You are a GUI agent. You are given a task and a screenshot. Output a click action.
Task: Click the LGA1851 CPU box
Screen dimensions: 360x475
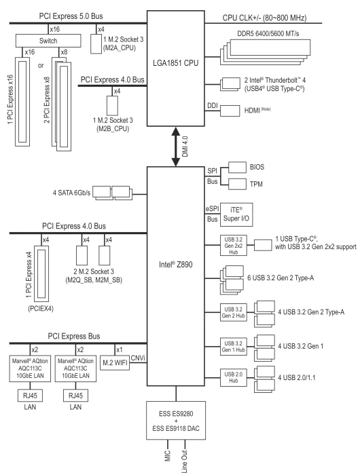pyautogui.click(x=176, y=69)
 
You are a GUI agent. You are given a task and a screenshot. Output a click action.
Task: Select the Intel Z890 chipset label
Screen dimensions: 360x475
pyautogui.click(x=176, y=265)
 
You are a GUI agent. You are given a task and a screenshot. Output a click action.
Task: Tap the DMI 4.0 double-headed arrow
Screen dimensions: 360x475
pyautogui.click(x=176, y=147)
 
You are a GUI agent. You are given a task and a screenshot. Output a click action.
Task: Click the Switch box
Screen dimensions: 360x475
pyautogui.click(x=48, y=41)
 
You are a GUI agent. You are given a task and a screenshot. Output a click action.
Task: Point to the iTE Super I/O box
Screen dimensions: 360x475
pyautogui.click(x=236, y=214)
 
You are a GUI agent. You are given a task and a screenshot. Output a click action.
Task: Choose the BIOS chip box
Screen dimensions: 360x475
pyautogui.click(x=237, y=167)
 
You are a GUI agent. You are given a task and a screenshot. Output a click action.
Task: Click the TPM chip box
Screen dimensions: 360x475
pyautogui.click(x=237, y=184)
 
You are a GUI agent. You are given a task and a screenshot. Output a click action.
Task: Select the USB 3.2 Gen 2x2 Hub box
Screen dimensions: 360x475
pyautogui.click(x=233, y=246)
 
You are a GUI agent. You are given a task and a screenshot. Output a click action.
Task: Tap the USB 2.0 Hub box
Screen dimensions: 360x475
pyautogui.click(x=233, y=377)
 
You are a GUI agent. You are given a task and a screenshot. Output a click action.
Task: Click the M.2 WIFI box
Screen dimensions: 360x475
pyautogui.click(x=115, y=362)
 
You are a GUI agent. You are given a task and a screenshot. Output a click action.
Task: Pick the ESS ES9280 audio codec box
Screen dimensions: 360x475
pyautogui.click(x=176, y=421)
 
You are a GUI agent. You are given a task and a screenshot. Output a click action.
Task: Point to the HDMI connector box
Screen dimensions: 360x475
pyautogui.click(x=230, y=111)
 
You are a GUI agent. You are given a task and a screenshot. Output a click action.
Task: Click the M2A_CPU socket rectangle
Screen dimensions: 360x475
pyautogui.click(x=96, y=44)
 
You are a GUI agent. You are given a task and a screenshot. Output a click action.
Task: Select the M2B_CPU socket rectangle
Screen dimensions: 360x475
pyautogui.click(x=113, y=106)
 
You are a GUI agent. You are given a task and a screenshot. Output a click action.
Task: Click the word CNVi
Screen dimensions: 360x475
pyautogui.click(x=138, y=358)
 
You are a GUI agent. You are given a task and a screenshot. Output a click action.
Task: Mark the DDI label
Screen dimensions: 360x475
pyautogui.click(x=213, y=106)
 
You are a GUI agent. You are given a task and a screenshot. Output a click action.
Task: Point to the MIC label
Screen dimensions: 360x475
pyautogui.click(x=168, y=456)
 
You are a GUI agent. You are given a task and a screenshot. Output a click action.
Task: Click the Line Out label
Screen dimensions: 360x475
pyautogui.click(x=184, y=461)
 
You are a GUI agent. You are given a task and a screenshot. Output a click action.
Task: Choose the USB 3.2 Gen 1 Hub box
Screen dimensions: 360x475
pyautogui.click(x=233, y=347)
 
